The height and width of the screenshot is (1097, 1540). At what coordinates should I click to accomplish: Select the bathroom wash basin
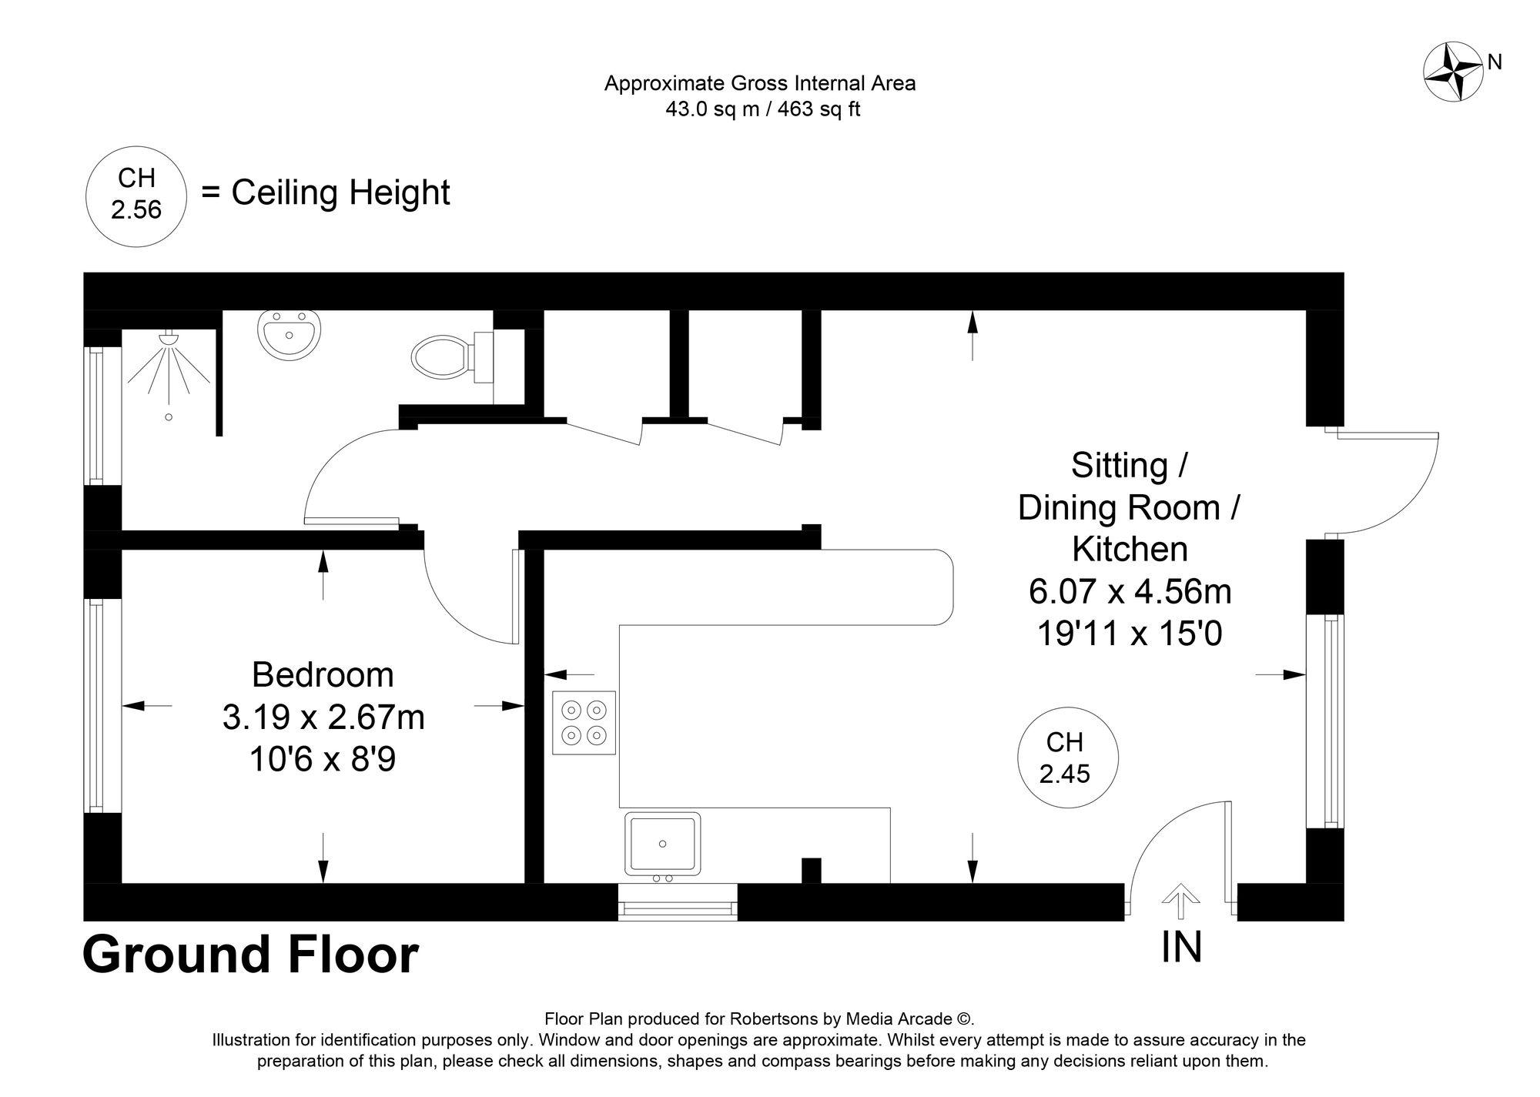click(x=288, y=335)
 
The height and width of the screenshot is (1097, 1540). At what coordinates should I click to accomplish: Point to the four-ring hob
click(x=584, y=722)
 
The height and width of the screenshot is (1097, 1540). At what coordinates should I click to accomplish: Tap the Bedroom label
click(x=323, y=675)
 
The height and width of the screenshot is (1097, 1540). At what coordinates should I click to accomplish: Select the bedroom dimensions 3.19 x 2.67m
click(x=323, y=717)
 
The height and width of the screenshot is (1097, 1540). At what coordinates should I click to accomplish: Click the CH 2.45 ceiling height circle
click(x=1066, y=758)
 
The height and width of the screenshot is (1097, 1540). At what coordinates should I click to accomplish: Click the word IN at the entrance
click(x=1181, y=947)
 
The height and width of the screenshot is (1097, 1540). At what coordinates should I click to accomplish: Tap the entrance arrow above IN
click(x=1180, y=901)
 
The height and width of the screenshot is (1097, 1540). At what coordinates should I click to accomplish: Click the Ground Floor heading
click(x=250, y=955)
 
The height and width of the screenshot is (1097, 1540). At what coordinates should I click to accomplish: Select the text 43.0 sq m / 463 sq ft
click(x=762, y=109)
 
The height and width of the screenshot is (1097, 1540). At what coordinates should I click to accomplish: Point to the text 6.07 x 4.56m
click(x=1130, y=591)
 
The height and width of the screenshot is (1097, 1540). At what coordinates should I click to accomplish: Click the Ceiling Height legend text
click(x=340, y=192)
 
